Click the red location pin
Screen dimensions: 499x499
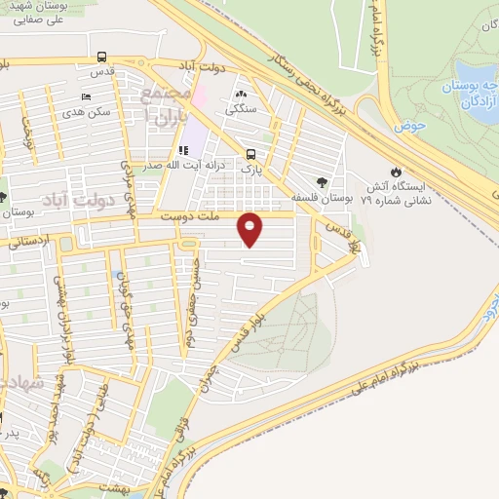(250, 229)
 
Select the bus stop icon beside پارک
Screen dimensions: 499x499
(251, 153)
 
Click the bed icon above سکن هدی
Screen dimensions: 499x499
(87, 97)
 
